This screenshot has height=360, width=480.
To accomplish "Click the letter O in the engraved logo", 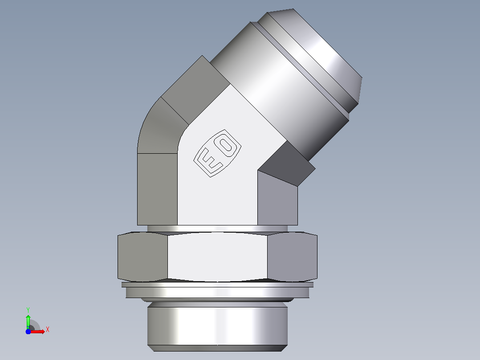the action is coord(226,145).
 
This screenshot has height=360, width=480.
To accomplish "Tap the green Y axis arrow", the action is coord(28,321).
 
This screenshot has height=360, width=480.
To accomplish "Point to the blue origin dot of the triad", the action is coord(28,331).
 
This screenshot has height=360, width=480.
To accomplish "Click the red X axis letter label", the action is coord(48,330).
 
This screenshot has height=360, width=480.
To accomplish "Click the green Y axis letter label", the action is coord(28,310).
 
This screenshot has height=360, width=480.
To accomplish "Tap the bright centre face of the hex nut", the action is coord(217,257).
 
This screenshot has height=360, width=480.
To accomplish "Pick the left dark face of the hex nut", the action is coord(142,257).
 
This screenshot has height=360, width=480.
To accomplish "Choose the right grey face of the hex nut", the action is coord(293,257).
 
